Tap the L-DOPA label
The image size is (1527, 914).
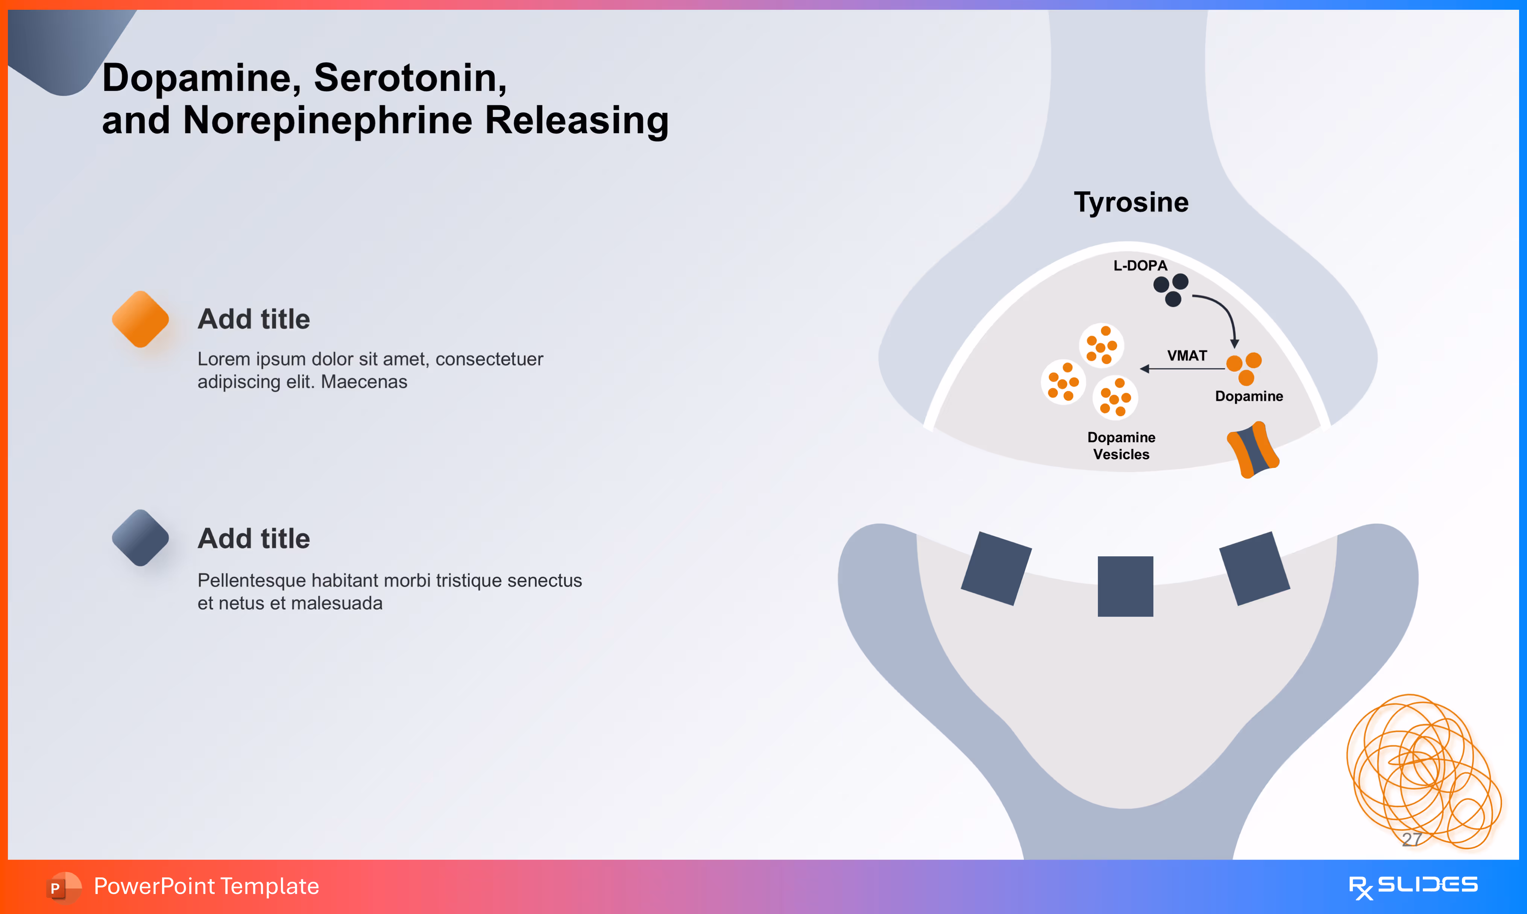click(x=1140, y=266)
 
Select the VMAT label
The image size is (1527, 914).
click(x=1187, y=355)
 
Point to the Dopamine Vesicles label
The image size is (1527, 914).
click(x=1121, y=445)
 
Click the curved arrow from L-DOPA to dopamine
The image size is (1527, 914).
click(x=1223, y=314)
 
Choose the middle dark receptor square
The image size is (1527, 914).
click(x=1125, y=586)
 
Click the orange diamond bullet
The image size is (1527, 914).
click(x=140, y=319)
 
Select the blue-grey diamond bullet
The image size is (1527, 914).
click(x=140, y=538)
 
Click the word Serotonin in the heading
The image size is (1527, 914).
click(x=410, y=78)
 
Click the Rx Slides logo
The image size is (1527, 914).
click(x=1413, y=886)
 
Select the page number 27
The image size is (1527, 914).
click(x=1411, y=838)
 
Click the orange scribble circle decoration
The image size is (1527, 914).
click(x=1422, y=770)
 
